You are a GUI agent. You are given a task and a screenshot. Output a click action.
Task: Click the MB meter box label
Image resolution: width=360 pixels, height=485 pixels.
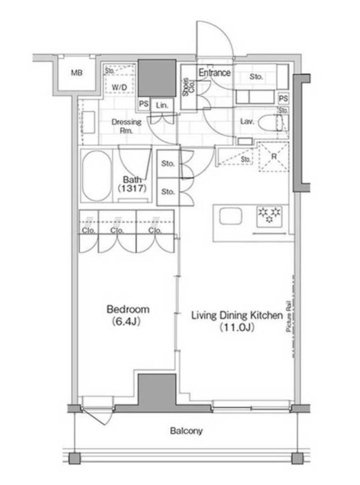click(x=77, y=73)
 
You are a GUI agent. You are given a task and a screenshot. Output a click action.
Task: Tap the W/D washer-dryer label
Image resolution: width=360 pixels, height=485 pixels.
click(x=119, y=87)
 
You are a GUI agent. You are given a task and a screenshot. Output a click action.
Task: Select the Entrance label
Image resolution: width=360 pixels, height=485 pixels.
click(x=214, y=73)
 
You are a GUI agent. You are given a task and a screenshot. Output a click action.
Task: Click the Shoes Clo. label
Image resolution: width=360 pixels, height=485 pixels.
click(x=189, y=87)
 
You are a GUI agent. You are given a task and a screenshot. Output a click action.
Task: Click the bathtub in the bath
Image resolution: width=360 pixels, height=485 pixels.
click(x=97, y=176)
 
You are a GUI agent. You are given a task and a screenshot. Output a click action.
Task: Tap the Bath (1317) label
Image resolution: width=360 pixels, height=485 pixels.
click(x=132, y=184)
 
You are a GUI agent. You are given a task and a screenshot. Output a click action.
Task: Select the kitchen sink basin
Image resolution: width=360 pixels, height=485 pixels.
click(x=230, y=216)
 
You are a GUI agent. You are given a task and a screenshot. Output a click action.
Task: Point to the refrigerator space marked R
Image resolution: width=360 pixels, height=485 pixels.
click(x=274, y=157)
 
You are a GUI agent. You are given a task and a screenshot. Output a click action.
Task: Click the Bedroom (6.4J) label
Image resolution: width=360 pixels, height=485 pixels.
click(x=128, y=315)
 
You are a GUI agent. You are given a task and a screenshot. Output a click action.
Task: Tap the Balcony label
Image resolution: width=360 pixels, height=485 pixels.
click(x=186, y=431)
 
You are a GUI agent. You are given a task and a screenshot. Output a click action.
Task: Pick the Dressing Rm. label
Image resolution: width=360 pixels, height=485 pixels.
click(x=126, y=126)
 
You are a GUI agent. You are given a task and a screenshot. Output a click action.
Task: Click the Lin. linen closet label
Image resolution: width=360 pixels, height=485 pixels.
click(x=162, y=105)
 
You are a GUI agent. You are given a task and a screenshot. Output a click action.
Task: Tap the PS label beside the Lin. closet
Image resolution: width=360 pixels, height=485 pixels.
click(x=144, y=104)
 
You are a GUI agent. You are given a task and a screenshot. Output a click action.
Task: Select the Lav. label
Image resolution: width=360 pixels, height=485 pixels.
click(x=247, y=122)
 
